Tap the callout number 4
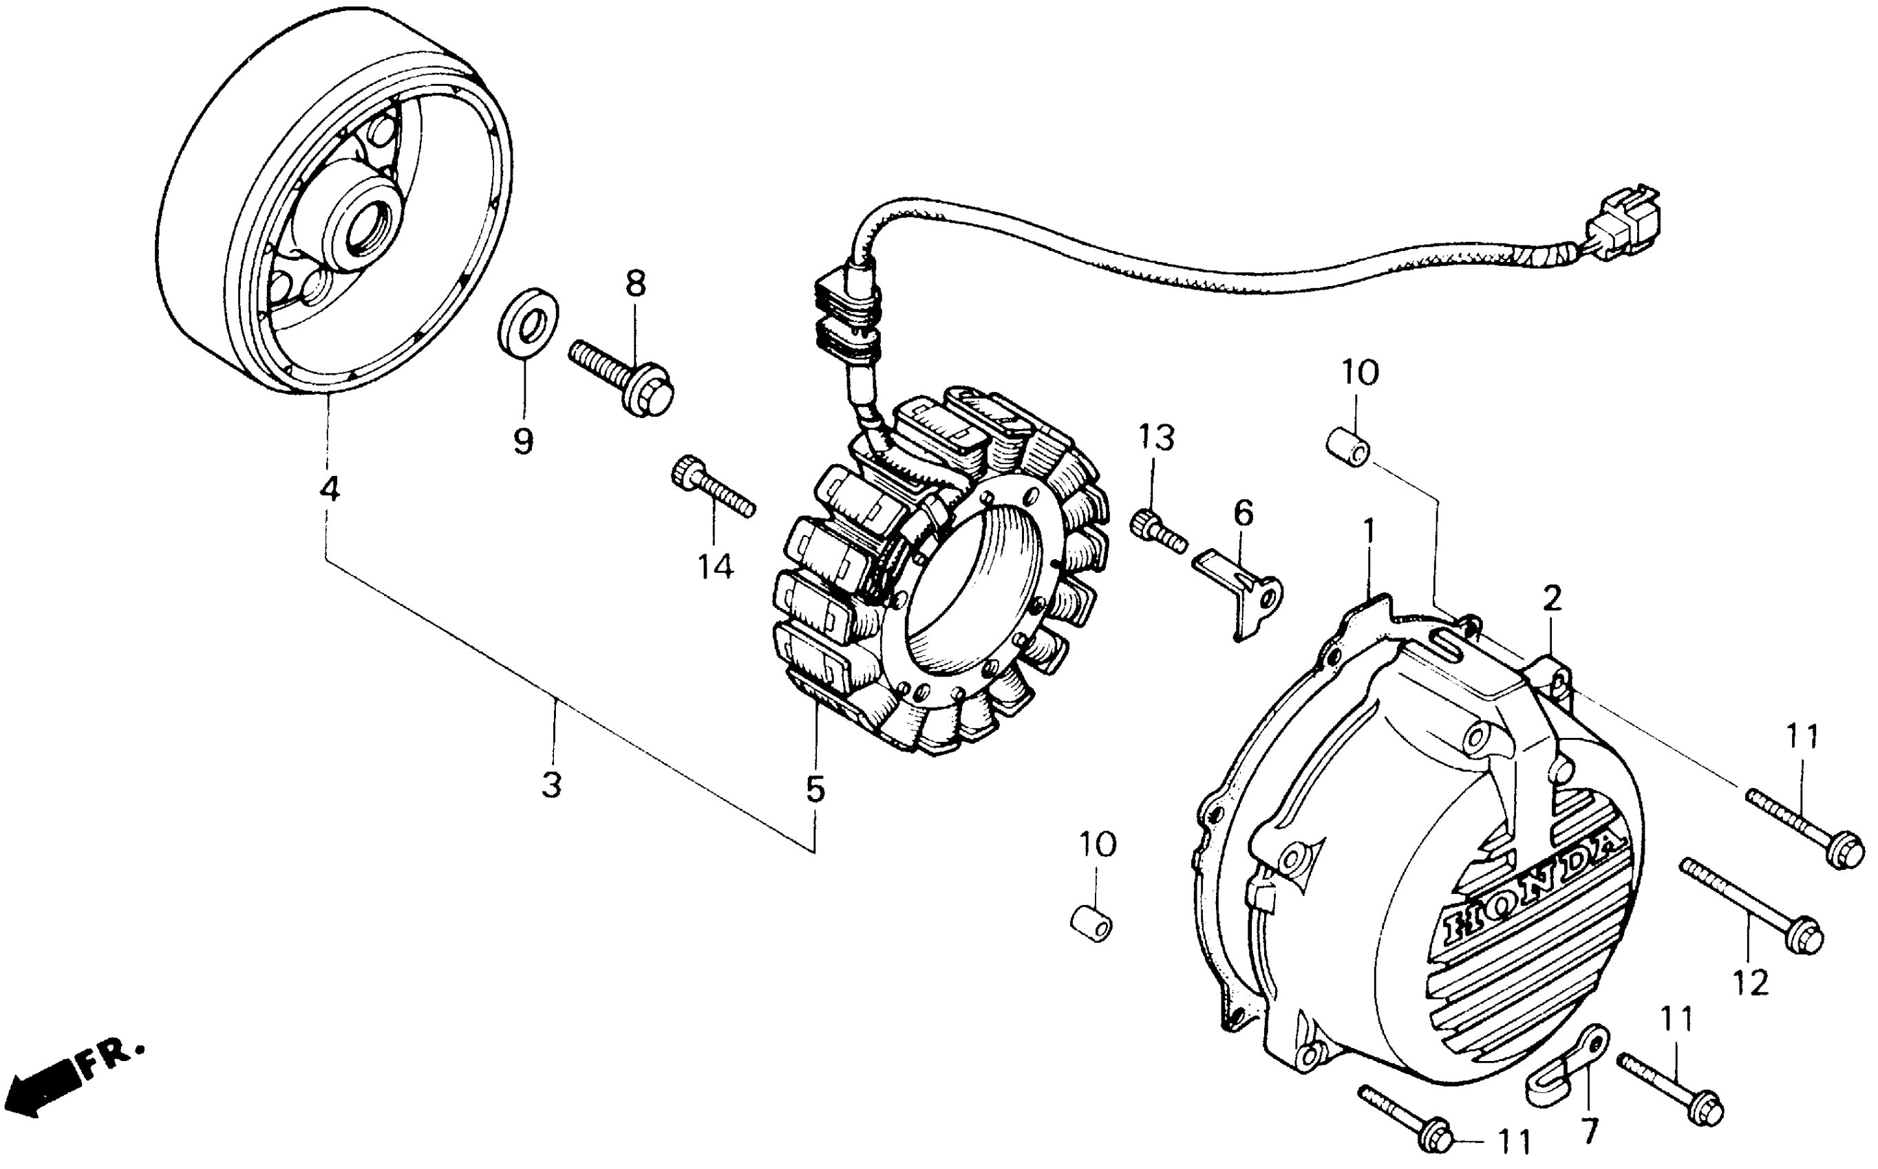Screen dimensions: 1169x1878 [330, 489]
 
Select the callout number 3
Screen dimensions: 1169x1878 [551, 785]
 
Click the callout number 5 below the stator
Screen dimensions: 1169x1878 [815, 789]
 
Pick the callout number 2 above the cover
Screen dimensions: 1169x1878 [1552, 598]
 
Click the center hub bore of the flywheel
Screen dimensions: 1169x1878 [374, 223]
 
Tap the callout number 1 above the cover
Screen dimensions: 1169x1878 [1368, 533]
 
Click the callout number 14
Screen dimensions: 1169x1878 [715, 568]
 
